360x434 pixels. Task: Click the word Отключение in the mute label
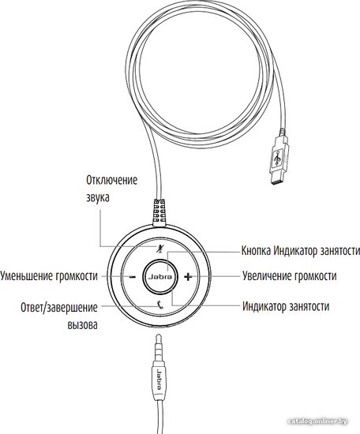click(111, 181)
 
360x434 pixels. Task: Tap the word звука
click(97, 197)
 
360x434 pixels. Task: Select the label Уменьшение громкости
click(49, 276)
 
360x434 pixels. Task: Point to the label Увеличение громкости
click(290, 276)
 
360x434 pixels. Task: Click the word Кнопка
click(256, 251)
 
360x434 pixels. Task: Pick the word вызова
click(83, 324)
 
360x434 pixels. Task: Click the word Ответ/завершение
click(59, 308)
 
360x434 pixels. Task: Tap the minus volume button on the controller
click(133, 277)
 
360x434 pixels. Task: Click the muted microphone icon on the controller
click(159, 249)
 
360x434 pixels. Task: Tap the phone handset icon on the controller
click(160, 305)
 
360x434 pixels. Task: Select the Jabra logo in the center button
click(160, 277)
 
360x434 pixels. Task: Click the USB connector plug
click(278, 161)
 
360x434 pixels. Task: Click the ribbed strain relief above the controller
click(159, 211)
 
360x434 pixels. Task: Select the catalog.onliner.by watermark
click(317, 421)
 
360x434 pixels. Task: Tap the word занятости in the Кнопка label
click(339, 251)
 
